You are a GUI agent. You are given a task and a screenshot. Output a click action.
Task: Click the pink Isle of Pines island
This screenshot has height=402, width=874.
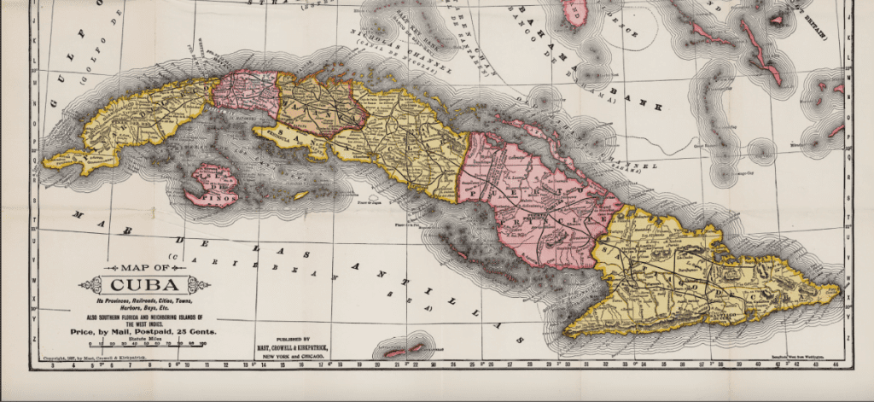[x=213, y=183]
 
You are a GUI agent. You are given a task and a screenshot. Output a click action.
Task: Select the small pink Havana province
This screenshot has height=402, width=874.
[x=246, y=91]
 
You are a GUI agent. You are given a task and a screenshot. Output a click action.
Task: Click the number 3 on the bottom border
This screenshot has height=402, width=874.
[x=53, y=366]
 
